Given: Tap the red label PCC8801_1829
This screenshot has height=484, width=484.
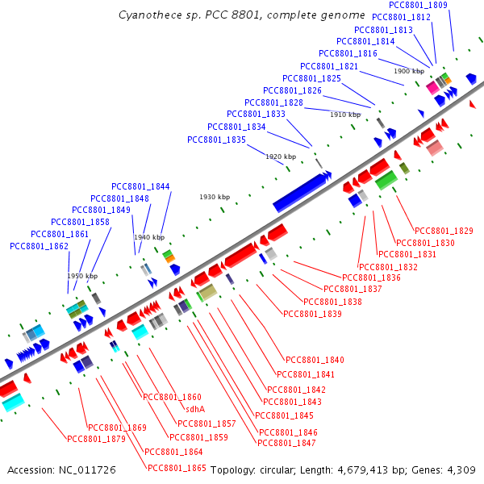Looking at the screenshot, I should tap(443, 232).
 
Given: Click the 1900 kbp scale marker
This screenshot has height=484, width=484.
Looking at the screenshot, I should tap(409, 71).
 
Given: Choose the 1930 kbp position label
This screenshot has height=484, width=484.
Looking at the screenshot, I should tap(215, 197).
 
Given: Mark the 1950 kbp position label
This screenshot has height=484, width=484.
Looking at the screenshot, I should tap(82, 276).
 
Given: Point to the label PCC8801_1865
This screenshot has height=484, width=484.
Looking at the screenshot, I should tap(177, 468).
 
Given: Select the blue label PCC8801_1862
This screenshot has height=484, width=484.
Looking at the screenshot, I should tap(38, 246).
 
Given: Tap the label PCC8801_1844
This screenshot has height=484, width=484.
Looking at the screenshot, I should tap(141, 186).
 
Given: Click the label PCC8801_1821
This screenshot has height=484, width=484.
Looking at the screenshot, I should tap(329, 66).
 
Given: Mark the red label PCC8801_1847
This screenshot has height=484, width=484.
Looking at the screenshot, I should tap(286, 443).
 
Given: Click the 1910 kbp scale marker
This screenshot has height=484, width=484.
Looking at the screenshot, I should tap(344, 115).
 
